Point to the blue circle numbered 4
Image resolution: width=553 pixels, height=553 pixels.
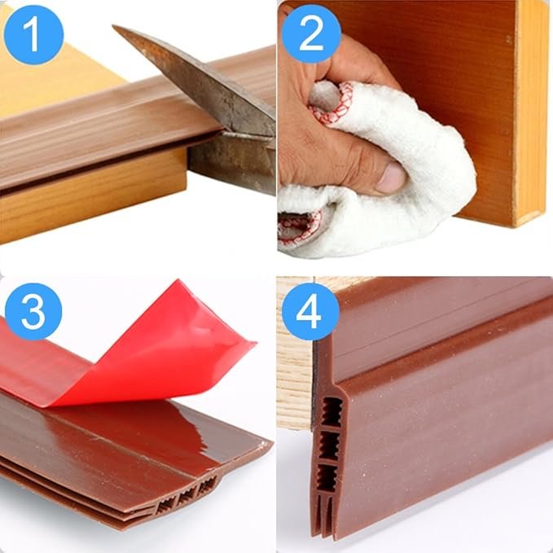point(309,311)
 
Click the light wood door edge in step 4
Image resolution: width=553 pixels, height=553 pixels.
point(293,366)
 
